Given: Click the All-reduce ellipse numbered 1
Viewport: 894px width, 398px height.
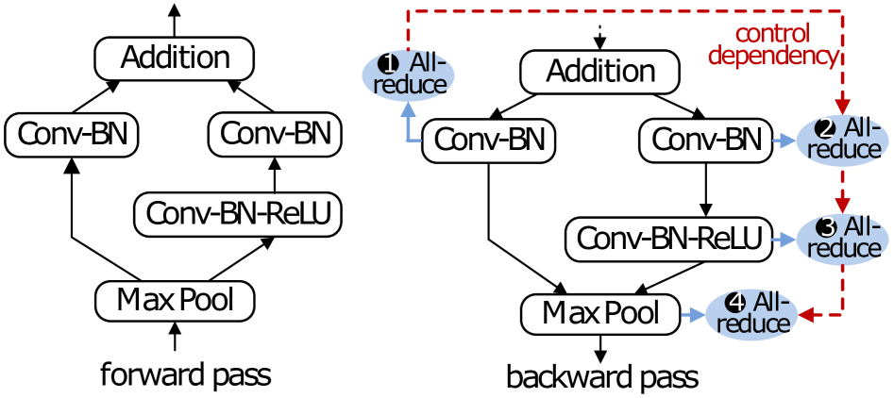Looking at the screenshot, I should tap(408, 75).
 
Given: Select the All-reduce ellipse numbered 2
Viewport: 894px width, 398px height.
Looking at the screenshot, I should tap(842, 141).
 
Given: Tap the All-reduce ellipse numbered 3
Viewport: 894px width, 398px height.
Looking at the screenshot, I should tap(842, 238).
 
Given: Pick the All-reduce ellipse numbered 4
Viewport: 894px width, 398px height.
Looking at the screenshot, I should tap(751, 313).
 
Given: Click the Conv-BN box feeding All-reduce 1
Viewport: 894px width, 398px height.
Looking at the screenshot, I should tap(489, 141).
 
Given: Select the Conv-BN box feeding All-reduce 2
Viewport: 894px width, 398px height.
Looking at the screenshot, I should tap(706, 141).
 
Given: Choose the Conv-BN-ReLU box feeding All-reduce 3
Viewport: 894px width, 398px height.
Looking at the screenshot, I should tap(668, 238).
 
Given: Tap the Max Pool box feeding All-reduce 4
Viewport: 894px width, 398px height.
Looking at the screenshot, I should tap(601, 313).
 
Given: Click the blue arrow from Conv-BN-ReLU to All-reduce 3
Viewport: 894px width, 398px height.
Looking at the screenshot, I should tap(784, 239).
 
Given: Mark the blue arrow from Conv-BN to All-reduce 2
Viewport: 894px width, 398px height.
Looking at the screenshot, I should tap(784, 141).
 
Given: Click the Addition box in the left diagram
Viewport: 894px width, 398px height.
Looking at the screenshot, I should tap(175, 58).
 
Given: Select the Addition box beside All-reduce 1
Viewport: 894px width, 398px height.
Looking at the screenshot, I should tap(601, 72).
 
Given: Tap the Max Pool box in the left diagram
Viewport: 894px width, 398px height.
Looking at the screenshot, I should tap(176, 301).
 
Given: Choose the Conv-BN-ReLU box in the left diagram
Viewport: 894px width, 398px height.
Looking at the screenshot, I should tap(238, 214).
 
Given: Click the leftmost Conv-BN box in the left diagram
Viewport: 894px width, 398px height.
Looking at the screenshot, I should tap(72, 135).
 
